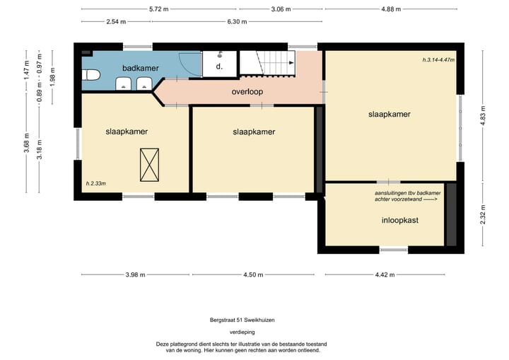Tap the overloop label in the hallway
[247, 92]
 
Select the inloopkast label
[400, 220]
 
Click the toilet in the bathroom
[90, 76]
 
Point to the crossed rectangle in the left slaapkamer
[149, 165]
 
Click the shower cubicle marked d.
[219, 64]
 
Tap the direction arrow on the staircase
[291, 63]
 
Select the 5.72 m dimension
[159, 9]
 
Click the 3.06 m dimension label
[281, 9]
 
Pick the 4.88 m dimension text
[391, 9]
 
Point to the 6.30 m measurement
[237, 22]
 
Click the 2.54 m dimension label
[116, 22]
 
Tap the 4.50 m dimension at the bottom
[253, 275]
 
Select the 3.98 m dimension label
[135, 275]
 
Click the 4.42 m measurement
[385, 275]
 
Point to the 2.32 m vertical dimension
[482, 214]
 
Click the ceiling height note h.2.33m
[95, 184]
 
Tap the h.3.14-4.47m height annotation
[438, 60]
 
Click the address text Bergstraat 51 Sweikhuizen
[242, 320]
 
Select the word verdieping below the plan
[242, 332]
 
